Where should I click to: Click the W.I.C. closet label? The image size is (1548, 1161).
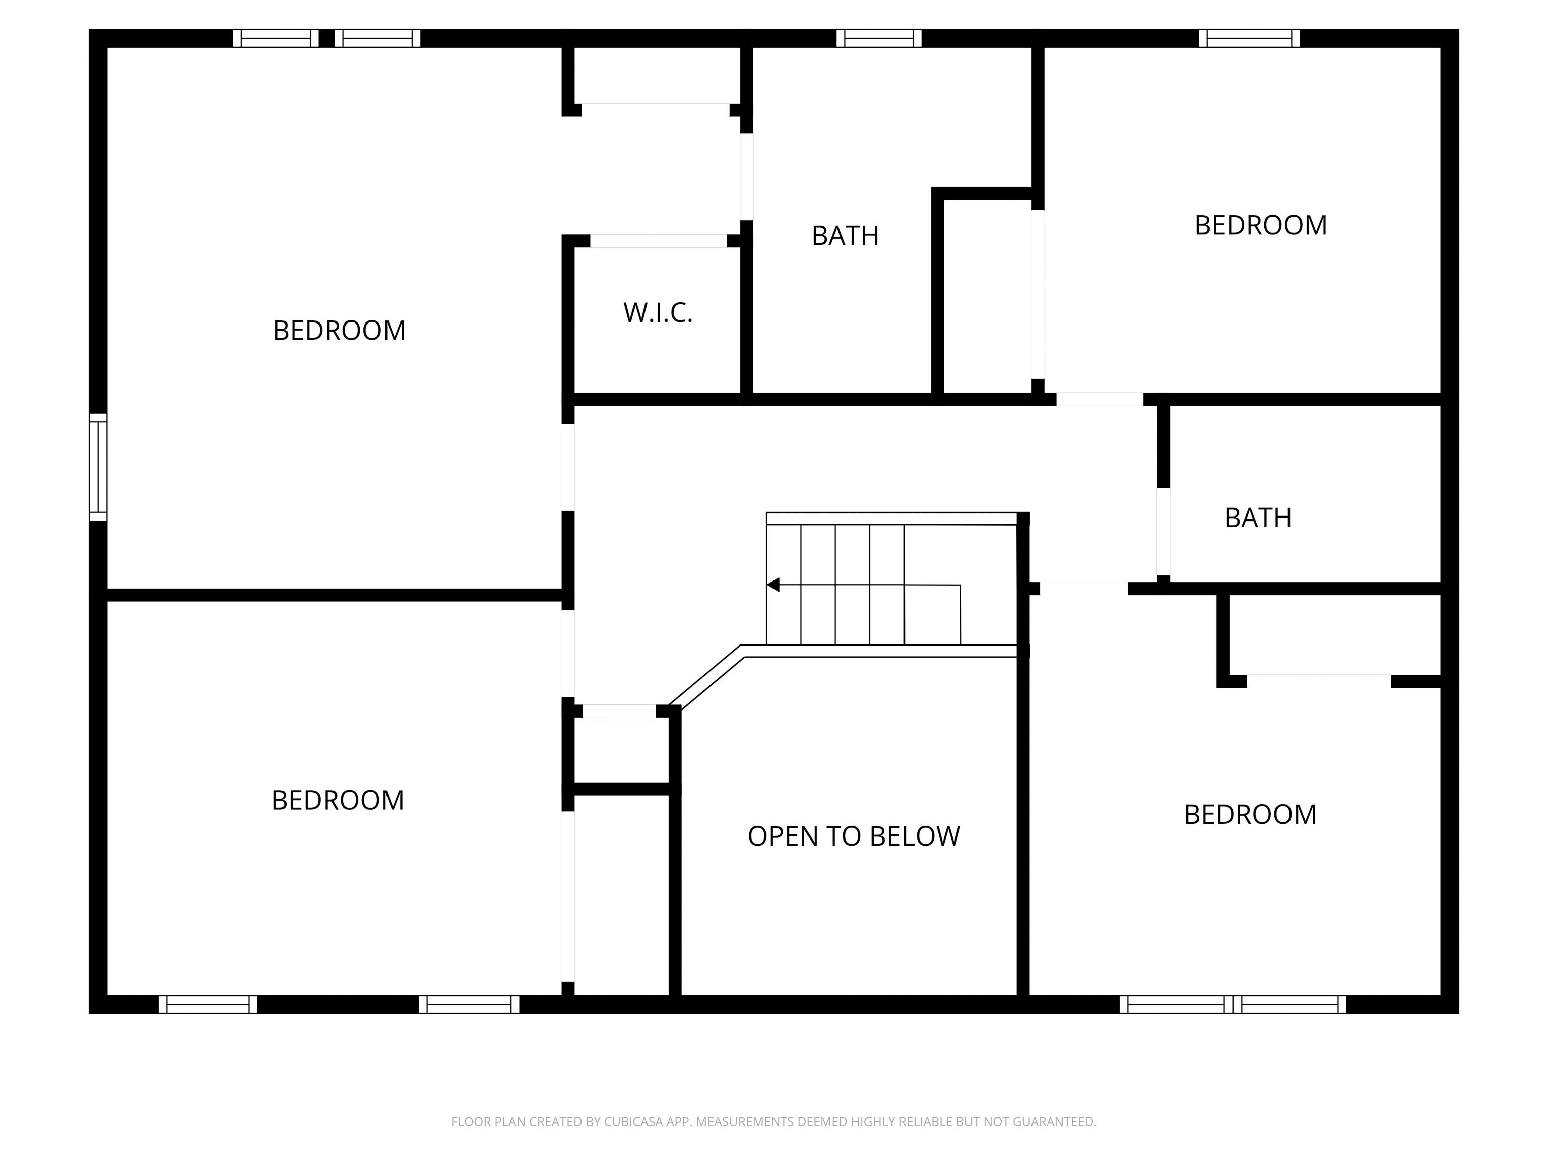click(658, 313)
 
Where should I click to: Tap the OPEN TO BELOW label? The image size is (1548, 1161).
click(854, 836)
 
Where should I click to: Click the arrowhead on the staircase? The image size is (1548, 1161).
click(773, 585)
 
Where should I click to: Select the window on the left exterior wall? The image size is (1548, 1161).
click(98, 467)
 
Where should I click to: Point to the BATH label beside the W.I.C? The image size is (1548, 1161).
click(846, 236)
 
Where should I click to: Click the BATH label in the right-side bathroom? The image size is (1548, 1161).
click(1258, 518)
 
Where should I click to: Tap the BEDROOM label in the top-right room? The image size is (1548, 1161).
click(1260, 225)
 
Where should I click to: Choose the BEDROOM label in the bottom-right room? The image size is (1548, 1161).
click(1250, 815)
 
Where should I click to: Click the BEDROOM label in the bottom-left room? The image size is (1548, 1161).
click(337, 800)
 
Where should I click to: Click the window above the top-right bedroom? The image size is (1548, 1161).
click(1249, 38)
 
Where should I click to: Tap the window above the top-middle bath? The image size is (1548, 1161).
click(879, 38)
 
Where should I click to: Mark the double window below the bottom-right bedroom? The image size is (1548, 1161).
click(1233, 1004)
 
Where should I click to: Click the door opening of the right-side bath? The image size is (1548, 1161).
click(1163, 531)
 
